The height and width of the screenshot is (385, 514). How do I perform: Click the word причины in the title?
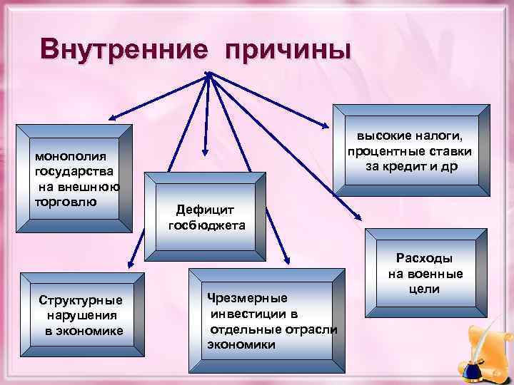[x=287, y=51]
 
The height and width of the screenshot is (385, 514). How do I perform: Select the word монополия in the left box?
[x=66, y=158]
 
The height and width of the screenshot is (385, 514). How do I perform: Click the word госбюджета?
[x=206, y=225]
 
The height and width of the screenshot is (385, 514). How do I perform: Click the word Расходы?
[x=425, y=260]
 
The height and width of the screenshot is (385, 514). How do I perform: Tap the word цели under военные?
[x=425, y=289]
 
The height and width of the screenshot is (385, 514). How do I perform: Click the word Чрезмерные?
[x=247, y=297]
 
